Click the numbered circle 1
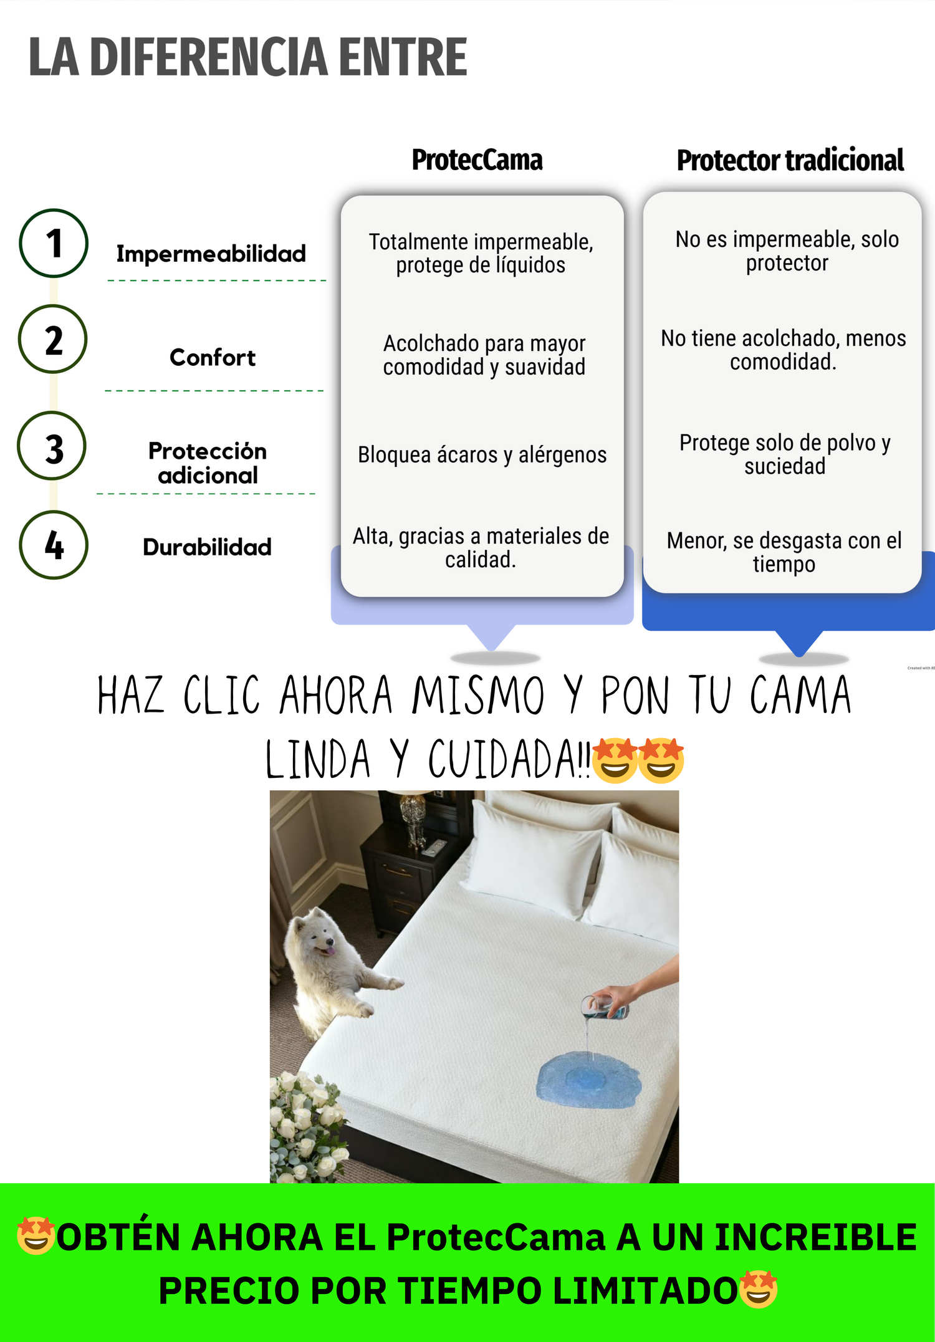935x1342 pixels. tap(54, 243)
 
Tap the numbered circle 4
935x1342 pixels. tap(54, 545)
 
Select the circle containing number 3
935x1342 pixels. tap(52, 446)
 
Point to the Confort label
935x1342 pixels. tap(213, 358)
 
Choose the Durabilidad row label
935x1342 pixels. tap(207, 547)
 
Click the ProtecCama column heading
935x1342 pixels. tap(477, 160)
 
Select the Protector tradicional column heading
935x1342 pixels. tap(790, 160)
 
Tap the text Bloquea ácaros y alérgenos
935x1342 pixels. tap(482, 455)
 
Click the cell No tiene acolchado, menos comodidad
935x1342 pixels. tap(784, 350)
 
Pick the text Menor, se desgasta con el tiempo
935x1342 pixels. tap(784, 552)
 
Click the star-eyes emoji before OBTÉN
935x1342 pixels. tap(36, 1235)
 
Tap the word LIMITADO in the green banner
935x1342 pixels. tap(645, 1290)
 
